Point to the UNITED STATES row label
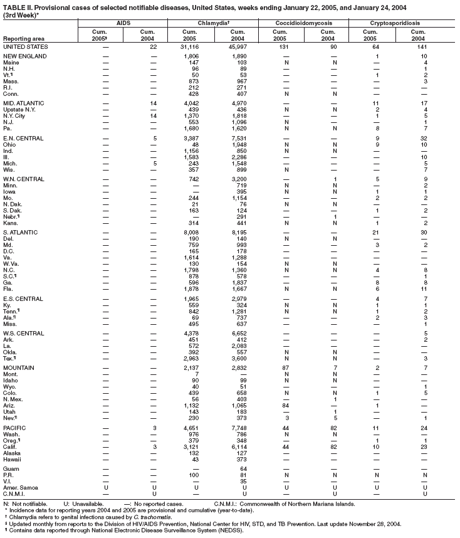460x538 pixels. pos(25,47)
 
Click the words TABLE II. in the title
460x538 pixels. pos(17,6)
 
